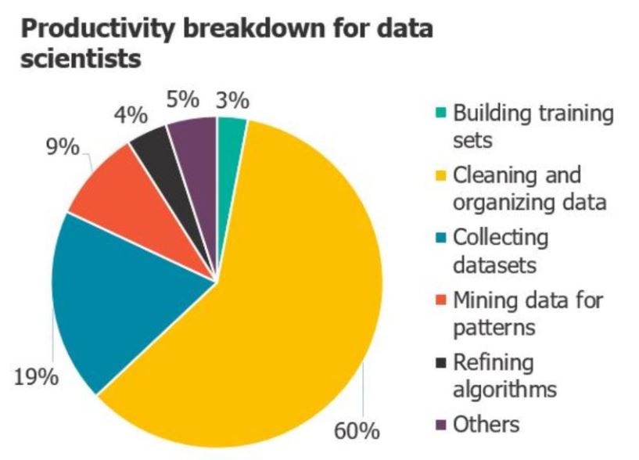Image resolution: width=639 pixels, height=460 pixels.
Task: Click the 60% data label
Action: click(356, 431)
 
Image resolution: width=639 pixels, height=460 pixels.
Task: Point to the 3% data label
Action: click(232, 101)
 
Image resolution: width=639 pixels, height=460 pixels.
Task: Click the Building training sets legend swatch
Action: click(439, 113)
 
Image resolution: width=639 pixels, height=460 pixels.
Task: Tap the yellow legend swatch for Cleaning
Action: click(439, 174)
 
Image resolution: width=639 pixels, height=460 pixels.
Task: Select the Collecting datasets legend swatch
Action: click(439, 237)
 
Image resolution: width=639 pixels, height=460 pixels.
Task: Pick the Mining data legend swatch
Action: click(439, 300)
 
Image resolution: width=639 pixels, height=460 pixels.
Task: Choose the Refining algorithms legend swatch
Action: click(439, 362)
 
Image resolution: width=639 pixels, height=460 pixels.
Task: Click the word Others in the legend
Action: click(486, 424)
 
